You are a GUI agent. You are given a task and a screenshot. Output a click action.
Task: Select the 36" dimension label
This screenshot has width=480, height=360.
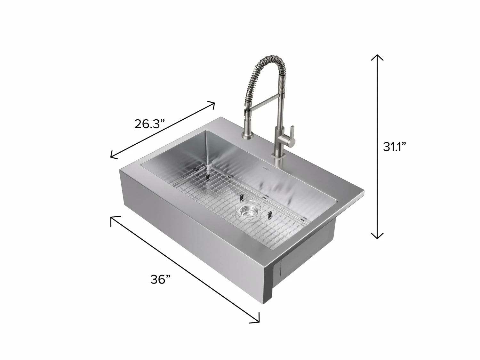click(x=160, y=279)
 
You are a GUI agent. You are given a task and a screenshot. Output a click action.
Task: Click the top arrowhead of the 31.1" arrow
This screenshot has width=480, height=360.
click(x=377, y=57)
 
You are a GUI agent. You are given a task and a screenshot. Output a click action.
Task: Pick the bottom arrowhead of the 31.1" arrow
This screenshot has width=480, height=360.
click(x=377, y=236)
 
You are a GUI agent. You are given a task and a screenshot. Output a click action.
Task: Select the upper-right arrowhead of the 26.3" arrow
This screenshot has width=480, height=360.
click(x=212, y=104)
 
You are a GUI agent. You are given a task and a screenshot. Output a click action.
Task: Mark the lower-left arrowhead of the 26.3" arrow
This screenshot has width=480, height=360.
click(x=113, y=156)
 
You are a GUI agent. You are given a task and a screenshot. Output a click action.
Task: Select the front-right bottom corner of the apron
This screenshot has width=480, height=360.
click(x=264, y=304)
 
